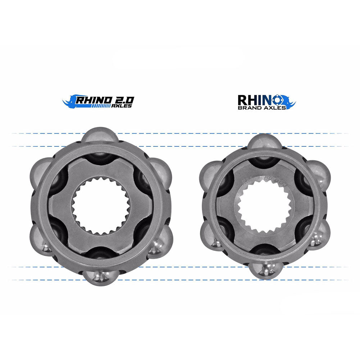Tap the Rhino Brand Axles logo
pyautogui.click(x=266, y=102)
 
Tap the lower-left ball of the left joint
pyautogui.click(x=41, y=239)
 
